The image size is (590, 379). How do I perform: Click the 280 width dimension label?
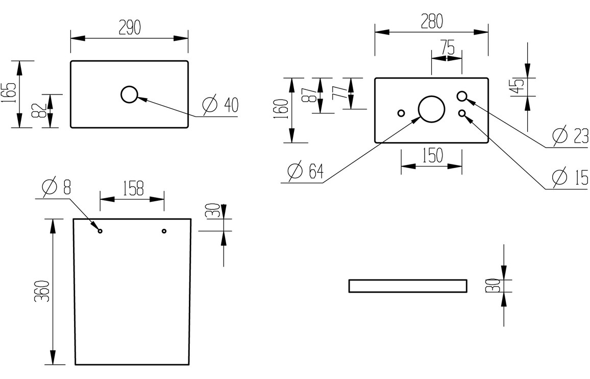pyautogui.click(x=432, y=21)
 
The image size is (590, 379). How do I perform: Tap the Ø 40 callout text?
pyautogui.click(x=220, y=105)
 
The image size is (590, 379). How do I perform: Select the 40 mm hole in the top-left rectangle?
pyautogui.click(x=129, y=94)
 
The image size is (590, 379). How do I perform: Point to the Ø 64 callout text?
pyautogui.click(x=305, y=171)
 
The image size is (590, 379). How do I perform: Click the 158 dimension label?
pyautogui.click(x=132, y=188)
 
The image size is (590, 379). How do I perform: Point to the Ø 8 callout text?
pyautogui.click(x=57, y=187)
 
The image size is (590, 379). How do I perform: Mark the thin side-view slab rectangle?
pyautogui.click(x=408, y=286)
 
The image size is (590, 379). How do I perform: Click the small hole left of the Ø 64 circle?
pyautogui.click(x=401, y=113)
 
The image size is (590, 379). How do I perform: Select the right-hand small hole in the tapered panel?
pyautogui.click(x=164, y=231)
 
